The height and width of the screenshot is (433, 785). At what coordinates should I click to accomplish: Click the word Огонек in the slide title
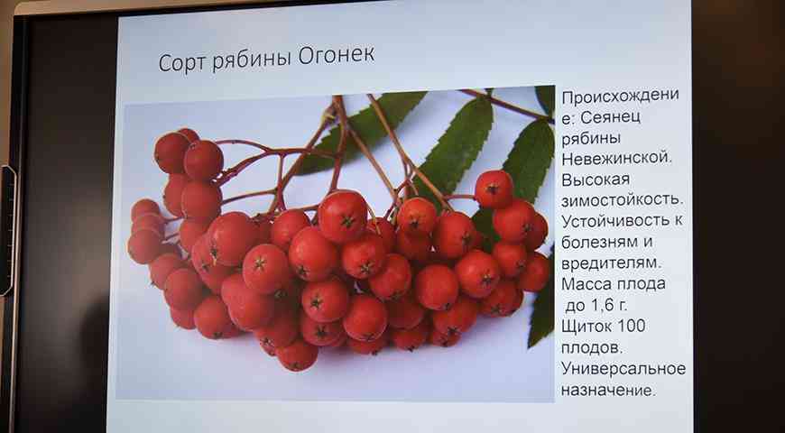tap(336, 56)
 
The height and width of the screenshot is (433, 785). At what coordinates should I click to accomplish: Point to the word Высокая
tap(596, 180)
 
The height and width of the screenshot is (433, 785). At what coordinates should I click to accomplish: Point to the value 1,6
tap(599, 305)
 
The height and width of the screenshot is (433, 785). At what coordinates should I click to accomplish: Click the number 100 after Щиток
tap(631, 327)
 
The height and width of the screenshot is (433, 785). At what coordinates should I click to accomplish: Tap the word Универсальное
tap(623, 369)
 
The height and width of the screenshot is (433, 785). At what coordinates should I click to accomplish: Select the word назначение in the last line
tap(605, 390)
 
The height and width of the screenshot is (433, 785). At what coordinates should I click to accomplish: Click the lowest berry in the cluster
tap(297, 356)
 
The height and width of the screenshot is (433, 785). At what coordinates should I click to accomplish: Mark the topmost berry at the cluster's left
tap(171, 152)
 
